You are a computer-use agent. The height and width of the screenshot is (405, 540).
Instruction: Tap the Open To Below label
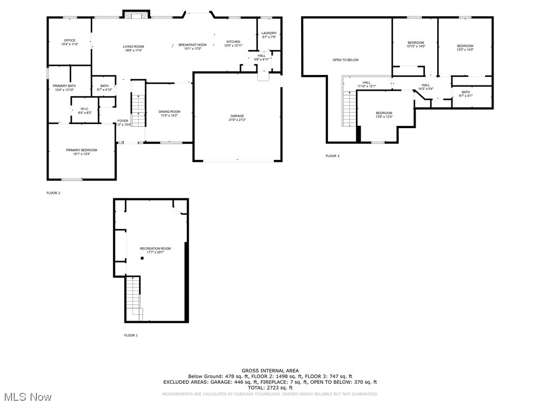(x=345, y=60)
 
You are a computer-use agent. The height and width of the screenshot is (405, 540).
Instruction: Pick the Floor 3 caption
(x=332, y=156)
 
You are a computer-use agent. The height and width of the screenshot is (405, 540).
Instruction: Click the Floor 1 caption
(x=131, y=335)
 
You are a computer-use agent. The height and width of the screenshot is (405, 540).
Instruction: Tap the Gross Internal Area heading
(x=270, y=371)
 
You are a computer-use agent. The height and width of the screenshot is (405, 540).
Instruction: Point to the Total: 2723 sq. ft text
(x=270, y=388)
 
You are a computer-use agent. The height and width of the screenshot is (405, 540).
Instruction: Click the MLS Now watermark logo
(x=26, y=397)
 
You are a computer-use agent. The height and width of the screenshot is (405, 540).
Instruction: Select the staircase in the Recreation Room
(x=134, y=298)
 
